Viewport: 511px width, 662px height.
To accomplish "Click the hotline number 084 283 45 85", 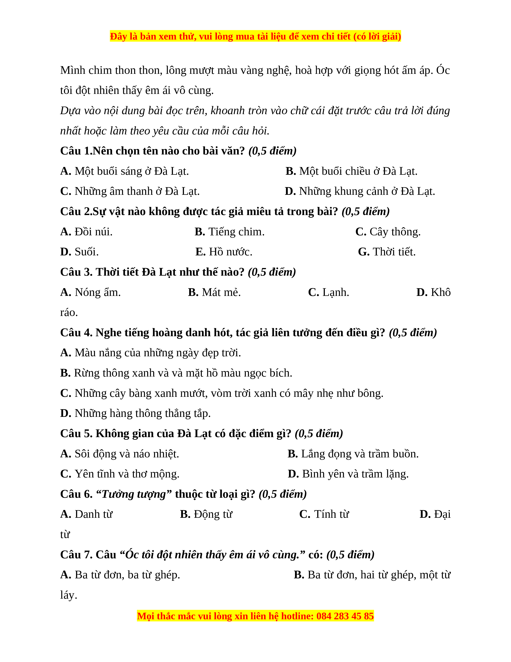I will (345, 616).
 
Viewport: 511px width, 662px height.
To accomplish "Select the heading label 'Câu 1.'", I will (76, 151).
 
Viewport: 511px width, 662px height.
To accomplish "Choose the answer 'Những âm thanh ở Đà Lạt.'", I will (137, 191).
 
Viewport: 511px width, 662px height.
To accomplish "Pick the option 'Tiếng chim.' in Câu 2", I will (236, 232).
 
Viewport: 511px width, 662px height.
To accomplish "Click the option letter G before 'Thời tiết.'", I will (364, 252).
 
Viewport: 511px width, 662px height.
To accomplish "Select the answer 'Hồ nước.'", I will (230, 252).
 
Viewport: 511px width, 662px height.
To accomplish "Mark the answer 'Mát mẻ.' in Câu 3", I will (221, 292).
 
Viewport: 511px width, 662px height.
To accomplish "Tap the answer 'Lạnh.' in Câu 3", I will (335, 292).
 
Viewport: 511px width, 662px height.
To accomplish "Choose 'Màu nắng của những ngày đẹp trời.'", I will (158, 353).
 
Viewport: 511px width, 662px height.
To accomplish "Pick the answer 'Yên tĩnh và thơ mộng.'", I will (127, 474).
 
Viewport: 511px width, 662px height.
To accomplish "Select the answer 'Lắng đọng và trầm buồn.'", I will (360, 454).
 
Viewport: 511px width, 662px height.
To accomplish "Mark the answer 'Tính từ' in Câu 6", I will (331, 514).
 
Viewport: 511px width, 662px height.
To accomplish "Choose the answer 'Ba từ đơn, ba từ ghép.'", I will (127, 575).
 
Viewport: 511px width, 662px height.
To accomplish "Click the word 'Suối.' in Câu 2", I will (87, 252).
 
